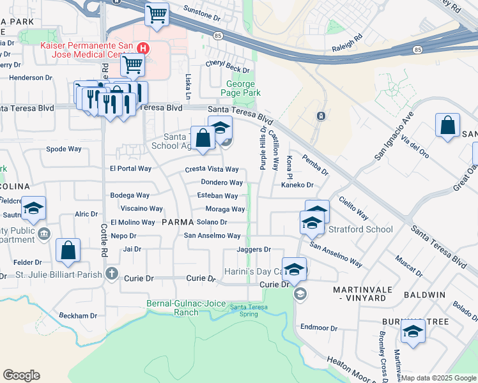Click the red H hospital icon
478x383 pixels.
pyautogui.click(x=144, y=48)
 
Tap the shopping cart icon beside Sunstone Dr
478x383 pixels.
pyautogui.click(x=157, y=14)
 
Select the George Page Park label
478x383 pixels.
pyautogui.click(x=240, y=88)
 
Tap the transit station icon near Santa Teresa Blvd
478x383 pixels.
pyautogui.click(x=320, y=116)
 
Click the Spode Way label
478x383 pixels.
pyautogui.click(x=64, y=149)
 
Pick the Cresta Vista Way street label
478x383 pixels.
pyautogui.click(x=212, y=169)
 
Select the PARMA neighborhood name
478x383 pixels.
pyautogui.click(x=177, y=222)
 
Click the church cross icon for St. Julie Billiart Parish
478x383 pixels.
pyautogui.click(x=112, y=274)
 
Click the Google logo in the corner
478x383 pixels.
pyautogui.click(x=21, y=375)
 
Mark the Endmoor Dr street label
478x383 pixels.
pyautogui.click(x=318, y=328)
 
